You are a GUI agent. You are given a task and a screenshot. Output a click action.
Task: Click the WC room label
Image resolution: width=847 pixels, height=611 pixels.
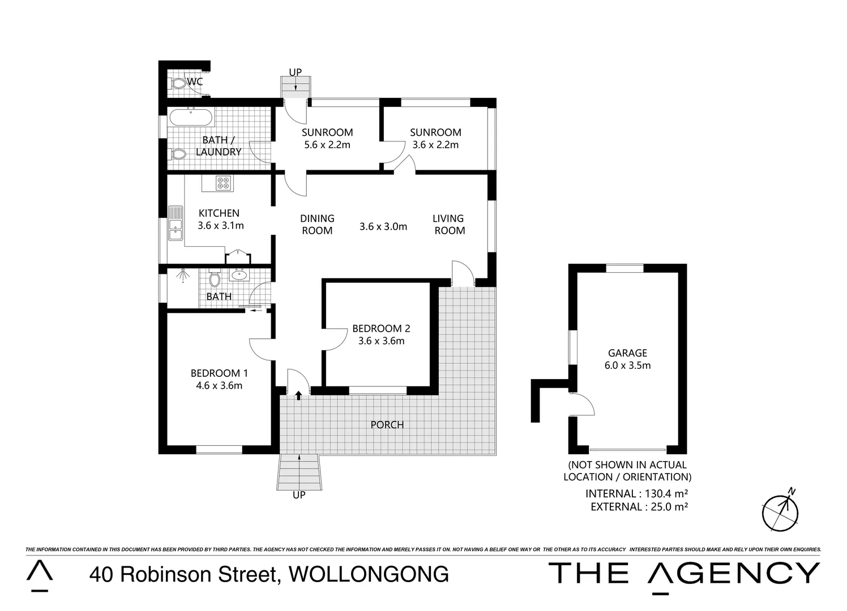coord(195,82)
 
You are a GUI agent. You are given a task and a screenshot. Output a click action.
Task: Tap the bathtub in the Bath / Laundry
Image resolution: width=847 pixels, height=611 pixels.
coord(191,119)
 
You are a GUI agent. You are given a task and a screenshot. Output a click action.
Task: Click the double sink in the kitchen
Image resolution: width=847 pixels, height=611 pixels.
coord(176,225)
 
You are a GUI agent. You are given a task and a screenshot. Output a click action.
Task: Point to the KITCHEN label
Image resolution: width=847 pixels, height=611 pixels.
coord(219,213)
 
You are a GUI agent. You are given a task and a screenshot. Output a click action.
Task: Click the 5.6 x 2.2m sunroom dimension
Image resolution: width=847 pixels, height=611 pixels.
coord(327,145)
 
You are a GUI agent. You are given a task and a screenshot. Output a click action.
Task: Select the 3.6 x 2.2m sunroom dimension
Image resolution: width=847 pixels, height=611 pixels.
coord(435,145)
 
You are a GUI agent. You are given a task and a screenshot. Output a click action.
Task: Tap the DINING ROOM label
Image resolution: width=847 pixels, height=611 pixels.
coord(317,225)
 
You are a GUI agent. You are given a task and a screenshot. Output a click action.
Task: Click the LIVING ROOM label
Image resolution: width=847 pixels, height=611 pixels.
coord(448,225)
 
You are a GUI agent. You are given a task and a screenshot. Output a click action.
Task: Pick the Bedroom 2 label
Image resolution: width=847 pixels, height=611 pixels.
coord(381,329)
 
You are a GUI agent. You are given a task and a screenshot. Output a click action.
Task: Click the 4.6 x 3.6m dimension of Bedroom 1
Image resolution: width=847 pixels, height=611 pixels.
coord(219,386)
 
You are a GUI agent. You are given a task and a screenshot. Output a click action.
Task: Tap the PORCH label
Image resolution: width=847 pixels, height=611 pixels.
coord(387,425)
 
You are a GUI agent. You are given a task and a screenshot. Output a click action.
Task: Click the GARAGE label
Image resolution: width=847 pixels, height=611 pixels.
coord(627,353)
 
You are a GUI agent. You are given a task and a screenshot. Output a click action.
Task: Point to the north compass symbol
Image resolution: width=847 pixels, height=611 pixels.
coord(781,513)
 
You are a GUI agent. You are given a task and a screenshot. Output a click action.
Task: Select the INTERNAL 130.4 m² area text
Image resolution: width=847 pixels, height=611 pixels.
coord(637,493)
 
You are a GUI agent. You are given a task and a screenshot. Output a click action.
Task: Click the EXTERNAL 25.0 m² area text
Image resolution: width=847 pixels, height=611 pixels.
coord(639,507)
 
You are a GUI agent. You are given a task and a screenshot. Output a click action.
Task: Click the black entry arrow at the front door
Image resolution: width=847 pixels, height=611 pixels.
coord(298,395)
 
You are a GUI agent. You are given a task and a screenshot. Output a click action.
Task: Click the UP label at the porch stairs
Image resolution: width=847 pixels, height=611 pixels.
coord(299,495)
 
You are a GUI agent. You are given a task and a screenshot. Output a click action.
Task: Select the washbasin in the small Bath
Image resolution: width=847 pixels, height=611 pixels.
coord(239,276)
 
